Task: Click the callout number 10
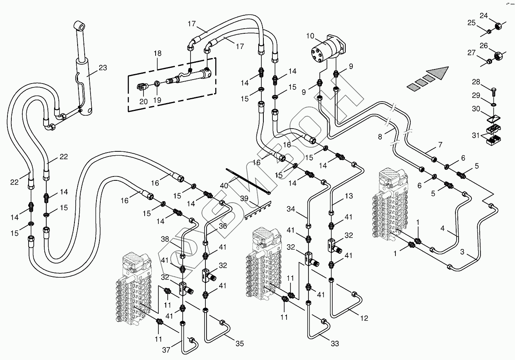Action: pos(310,36)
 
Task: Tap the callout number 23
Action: pos(102,68)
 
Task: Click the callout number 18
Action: pos(158,53)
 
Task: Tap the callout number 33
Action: pos(334,344)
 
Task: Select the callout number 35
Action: pos(239,344)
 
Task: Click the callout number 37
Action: pos(166,350)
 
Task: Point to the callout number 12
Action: pos(364,318)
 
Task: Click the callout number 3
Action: pos(462,252)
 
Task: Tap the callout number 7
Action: pos(440,145)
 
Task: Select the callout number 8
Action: pos(379,136)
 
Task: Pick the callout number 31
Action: pos(475,135)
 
